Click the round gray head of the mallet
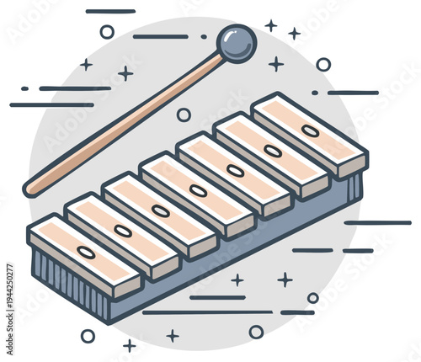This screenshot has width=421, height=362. (x=236, y=44)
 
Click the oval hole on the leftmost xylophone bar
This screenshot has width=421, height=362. (x=86, y=252)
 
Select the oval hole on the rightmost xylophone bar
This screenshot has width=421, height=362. (x=310, y=131)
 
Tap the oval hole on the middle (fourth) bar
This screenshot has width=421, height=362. (x=198, y=191)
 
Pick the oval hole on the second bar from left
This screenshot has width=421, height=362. (x=123, y=231)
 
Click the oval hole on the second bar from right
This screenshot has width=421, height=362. (x=273, y=151)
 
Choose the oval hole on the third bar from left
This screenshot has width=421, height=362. (x=160, y=211)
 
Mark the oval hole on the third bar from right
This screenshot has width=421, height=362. (x=236, y=171)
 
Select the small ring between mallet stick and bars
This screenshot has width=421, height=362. (x=184, y=114)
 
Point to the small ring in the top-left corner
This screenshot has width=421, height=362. (x=107, y=32)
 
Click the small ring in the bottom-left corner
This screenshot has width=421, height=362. (x=88, y=335)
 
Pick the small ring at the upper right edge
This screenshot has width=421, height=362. (x=323, y=64)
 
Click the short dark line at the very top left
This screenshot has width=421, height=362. (x=110, y=12)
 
